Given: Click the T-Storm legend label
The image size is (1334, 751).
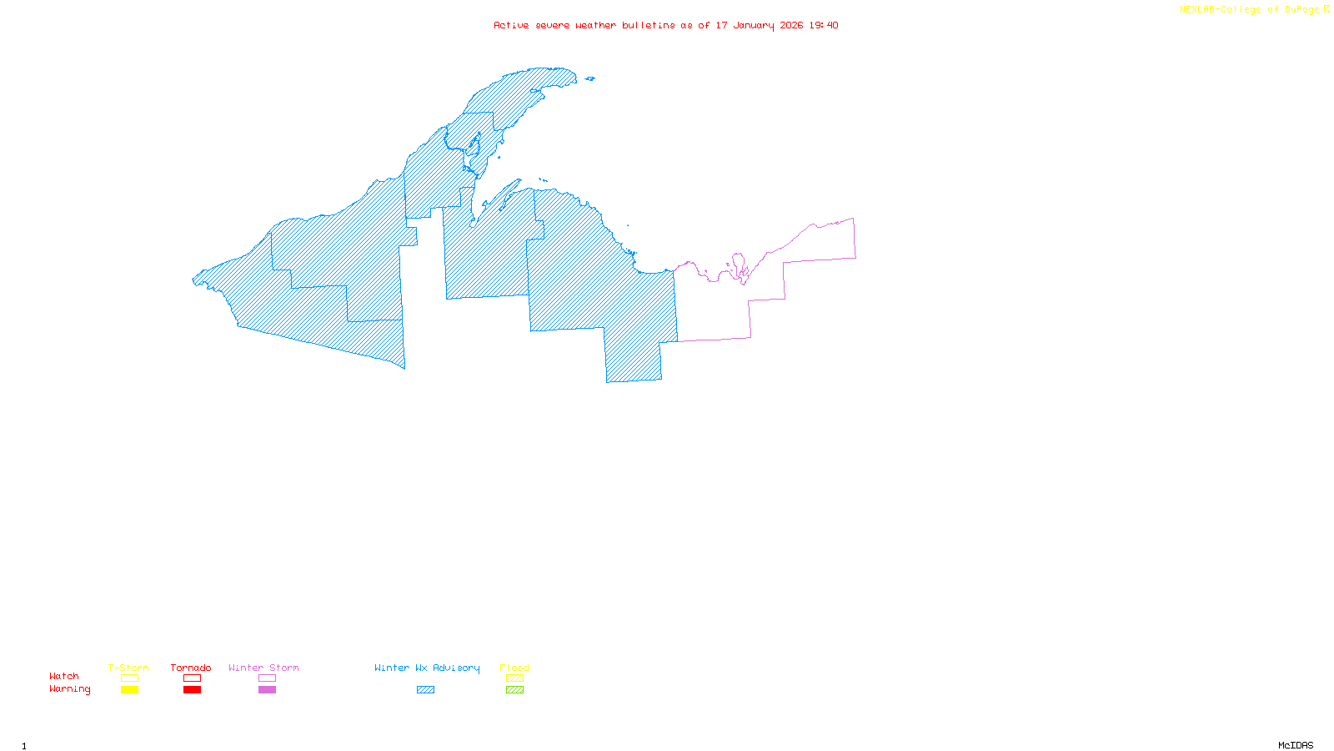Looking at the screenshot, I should point(128,668).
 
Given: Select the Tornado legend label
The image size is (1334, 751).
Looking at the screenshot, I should point(191,668).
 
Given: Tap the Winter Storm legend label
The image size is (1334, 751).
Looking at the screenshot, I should point(263,668).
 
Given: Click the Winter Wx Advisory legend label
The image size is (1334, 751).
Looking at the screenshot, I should point(427,668).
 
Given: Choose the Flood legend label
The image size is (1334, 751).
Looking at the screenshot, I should point(514,668).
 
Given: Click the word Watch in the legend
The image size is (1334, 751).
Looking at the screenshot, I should point(64,676).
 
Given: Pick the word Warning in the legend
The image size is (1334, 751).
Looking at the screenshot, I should point(69,689).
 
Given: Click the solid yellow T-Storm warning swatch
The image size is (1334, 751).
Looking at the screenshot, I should point(129,690).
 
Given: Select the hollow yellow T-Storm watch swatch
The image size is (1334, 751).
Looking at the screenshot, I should point(129,678).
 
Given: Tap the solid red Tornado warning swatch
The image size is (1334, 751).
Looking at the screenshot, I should point(192,690).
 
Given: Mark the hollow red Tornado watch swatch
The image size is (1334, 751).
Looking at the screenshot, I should point(192,678).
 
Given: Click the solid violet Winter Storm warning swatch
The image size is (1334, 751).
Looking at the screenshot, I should point(267,690).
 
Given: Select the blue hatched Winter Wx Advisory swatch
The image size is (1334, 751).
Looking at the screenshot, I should point(425,690).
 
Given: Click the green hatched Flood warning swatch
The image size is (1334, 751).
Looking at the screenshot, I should point(514,690).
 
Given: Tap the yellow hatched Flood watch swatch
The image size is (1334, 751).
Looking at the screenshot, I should point(514,678).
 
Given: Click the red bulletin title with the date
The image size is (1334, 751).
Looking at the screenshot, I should point(665,25).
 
